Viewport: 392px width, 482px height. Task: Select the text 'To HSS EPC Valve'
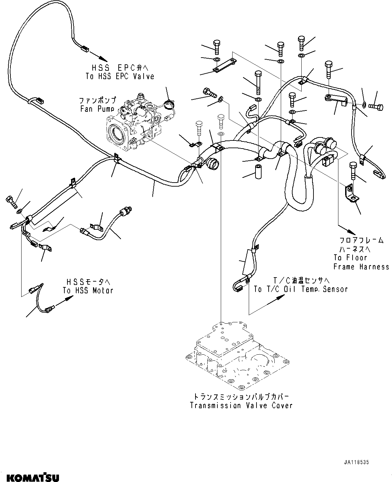coord(120,76)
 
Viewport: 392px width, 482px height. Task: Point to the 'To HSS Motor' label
coord(88,290)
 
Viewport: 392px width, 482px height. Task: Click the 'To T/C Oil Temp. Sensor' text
coord(301,289)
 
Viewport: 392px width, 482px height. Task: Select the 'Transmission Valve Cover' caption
coord(241,405)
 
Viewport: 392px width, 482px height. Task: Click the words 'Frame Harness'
coord(361,267)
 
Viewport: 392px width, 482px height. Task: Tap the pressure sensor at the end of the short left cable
coord(127,211)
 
